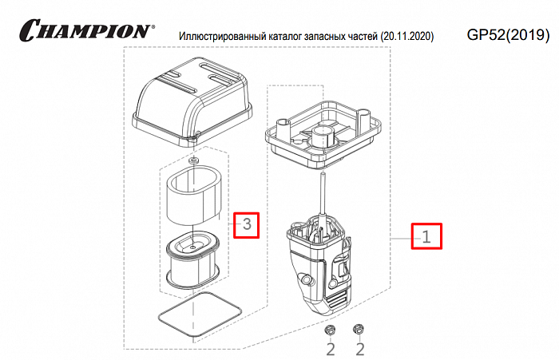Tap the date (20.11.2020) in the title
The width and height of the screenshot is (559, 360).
click(407, 37)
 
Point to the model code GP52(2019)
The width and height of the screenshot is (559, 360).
click(507, 35)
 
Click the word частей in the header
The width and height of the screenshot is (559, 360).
click(361, 37)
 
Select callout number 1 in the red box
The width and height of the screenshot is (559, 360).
click(426, 235)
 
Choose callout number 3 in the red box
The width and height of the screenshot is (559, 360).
click(247, 225)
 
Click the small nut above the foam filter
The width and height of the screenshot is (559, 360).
click(193, 163)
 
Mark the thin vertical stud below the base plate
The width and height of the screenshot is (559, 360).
click(322, 192)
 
